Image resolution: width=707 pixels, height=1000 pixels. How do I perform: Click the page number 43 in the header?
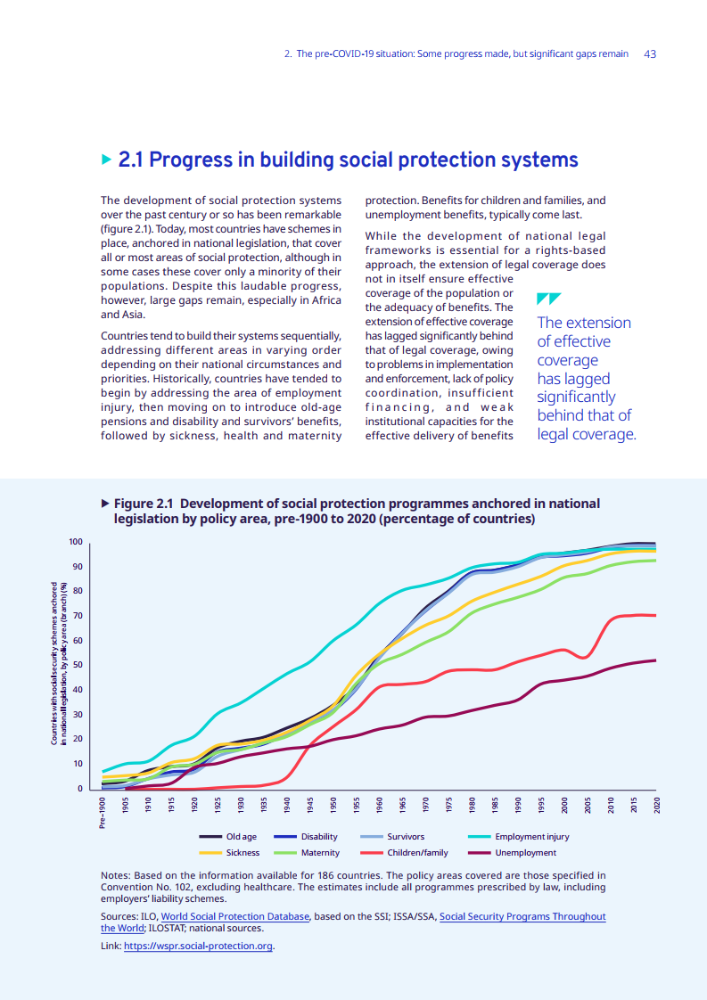(x=650, y=54)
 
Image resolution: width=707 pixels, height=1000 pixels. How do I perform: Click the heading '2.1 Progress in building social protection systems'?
(x=348, y=160)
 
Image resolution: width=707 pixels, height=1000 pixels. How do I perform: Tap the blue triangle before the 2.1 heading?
(x=107, y=160)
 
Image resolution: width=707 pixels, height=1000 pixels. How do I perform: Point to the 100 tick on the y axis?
(x=76, y=542)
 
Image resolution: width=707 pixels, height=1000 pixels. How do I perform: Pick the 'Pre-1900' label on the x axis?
(x=103, y=814)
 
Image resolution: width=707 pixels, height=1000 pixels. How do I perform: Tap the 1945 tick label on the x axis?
(x=309, y=805)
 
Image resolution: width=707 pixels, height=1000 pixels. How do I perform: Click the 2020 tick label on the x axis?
(x=656, y=805)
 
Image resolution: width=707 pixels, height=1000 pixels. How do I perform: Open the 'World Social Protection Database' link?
(x=235, y=916)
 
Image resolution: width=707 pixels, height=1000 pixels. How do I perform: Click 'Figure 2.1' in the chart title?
(x=146, y=504)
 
